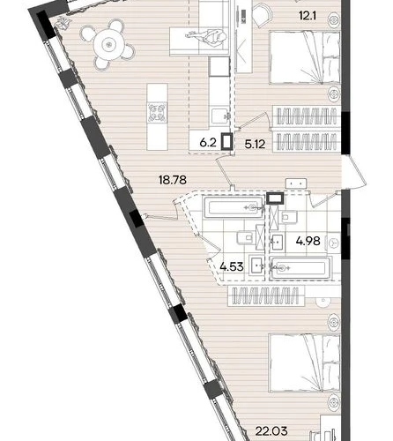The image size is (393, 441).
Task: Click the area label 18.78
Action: pos(173,180)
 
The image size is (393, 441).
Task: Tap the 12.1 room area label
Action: pos(308,16)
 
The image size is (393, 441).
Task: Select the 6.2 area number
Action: pos(208,143)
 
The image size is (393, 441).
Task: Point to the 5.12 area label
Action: pos(255,144)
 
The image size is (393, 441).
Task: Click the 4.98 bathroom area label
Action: pos(308,241)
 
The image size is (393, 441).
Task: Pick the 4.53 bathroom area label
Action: pos(232,267)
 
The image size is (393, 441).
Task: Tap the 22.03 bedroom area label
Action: pos(271,431)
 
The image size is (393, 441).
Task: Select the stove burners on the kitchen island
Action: pos(157,112)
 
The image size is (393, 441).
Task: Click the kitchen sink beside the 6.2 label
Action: pos(220,117)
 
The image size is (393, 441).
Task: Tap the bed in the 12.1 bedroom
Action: pos(305,58)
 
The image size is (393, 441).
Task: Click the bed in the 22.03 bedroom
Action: pos(305,363)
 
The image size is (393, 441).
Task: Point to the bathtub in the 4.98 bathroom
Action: pos(301,268)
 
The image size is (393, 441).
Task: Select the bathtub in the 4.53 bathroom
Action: pos(234,208)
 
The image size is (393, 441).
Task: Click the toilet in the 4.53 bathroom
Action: pos(246,237)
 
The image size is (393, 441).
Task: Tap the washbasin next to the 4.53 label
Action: pos(256,265)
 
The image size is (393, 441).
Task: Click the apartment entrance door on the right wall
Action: pos(353,173)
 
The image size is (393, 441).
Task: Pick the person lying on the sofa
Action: pos(207,36)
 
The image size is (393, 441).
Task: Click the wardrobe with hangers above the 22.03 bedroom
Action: pos(266,295)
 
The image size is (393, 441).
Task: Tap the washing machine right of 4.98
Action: pos(333,243)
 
